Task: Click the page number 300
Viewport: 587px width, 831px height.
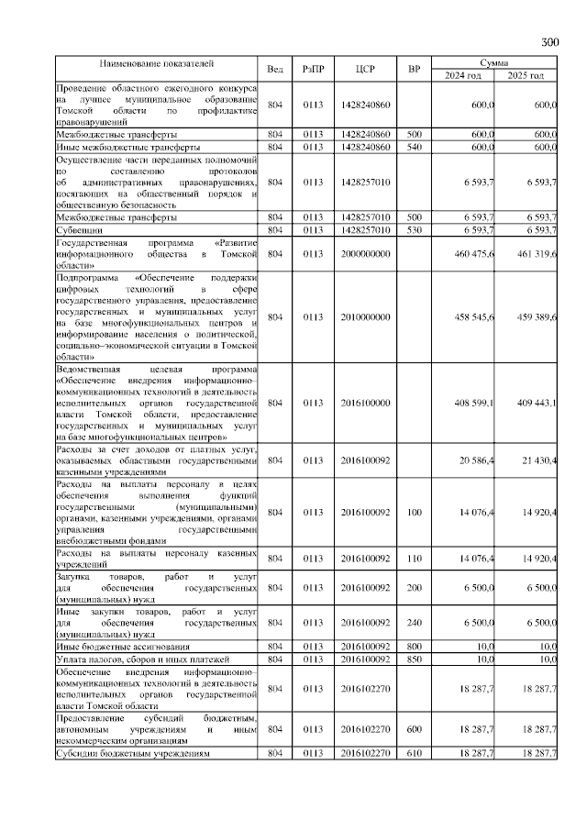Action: pos(549,42)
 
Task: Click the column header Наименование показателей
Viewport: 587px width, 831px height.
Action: pos(156,64)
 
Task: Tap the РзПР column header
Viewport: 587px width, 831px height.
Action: pos(314,70)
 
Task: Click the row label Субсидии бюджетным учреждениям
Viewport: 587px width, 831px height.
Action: pos(134,753)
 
